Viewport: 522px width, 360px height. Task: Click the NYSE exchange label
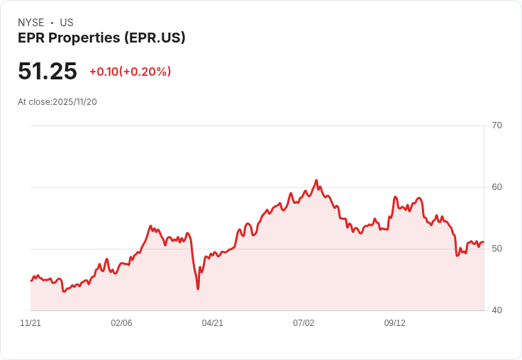31,23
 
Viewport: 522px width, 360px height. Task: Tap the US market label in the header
67,23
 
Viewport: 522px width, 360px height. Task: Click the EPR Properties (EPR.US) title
101,38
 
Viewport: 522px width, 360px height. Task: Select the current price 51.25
48,71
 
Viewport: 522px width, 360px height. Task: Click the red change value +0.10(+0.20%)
130,72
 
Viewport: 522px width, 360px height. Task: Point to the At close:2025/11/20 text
57,101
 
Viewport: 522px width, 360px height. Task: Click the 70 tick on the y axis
497,125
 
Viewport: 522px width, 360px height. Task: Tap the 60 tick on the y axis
497,187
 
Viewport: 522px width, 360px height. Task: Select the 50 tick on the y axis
497,249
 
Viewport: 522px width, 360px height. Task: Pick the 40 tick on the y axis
497,310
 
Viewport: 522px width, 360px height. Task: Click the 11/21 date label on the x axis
30,323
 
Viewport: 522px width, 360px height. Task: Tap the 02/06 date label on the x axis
121,323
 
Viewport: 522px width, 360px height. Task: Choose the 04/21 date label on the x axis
213,323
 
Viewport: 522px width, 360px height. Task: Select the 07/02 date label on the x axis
304,323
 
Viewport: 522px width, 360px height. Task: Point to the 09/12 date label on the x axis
395,323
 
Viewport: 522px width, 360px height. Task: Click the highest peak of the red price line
316,181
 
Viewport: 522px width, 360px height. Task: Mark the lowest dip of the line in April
198,288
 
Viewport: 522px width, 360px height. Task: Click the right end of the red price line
483,242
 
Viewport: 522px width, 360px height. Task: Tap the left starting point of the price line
31,281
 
